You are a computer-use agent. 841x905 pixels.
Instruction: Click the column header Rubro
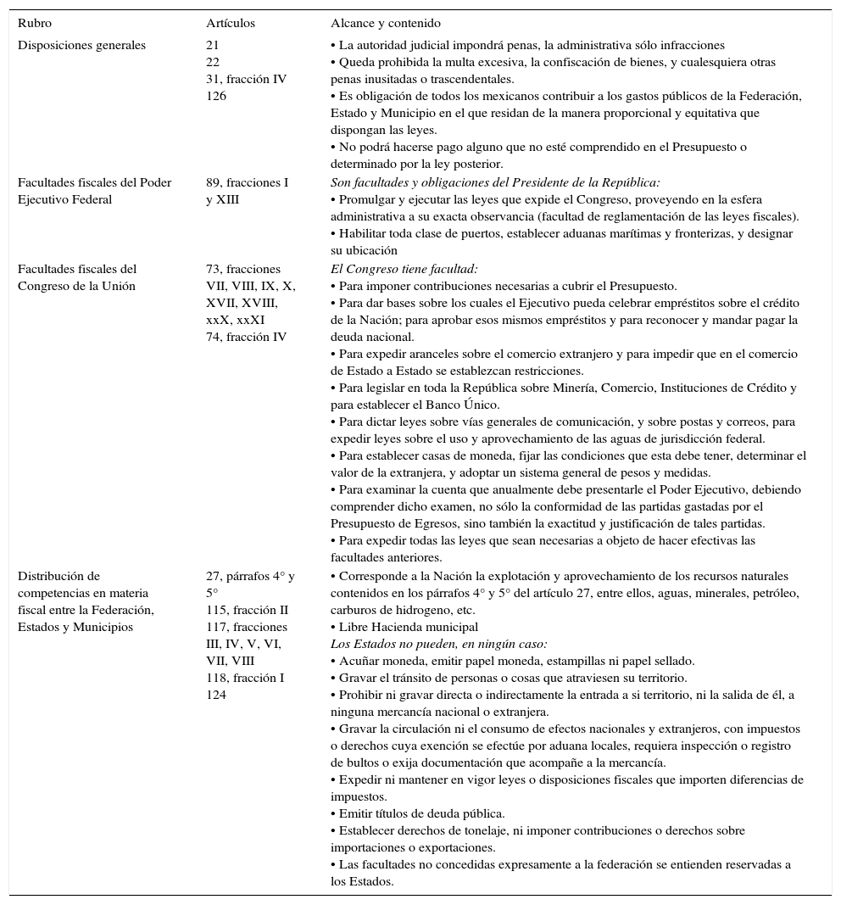tap(35, 24)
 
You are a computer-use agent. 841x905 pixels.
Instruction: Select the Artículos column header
tap(230, 24)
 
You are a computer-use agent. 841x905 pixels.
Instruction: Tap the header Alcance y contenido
tap(386, 24)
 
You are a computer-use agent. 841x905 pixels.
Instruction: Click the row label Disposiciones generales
tap(81, 46)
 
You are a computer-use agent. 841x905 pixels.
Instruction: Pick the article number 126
tap(216, 97)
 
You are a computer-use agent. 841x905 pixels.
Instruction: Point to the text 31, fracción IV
tap(246, 80)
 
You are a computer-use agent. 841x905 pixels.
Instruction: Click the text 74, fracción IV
tap(246, 338)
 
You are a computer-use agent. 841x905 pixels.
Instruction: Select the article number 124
tap(216, 696)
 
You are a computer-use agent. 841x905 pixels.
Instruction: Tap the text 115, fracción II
tap(247, 611)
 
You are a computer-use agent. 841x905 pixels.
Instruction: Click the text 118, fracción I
tap(245, 679)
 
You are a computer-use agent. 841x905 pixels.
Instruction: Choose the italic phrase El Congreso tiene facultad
tap(404, 270)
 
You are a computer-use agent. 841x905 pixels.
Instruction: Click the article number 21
tap(212, 46)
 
